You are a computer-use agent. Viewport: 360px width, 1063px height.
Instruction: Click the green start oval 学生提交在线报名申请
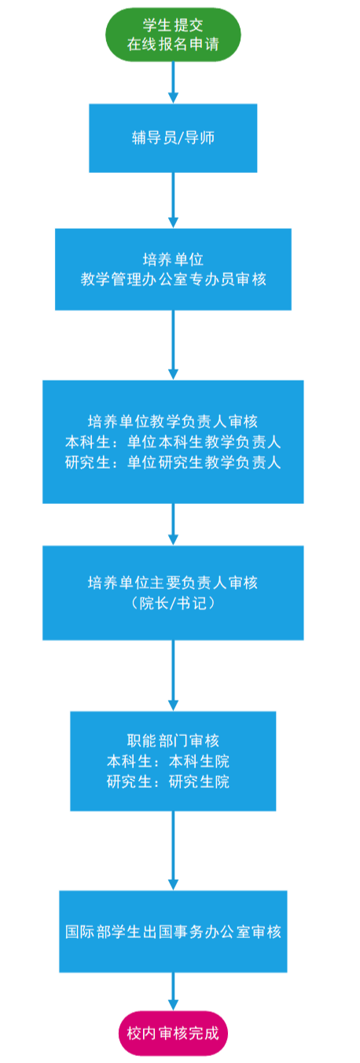tap(173, 35)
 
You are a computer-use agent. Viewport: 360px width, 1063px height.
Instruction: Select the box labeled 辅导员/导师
tap(173, 138)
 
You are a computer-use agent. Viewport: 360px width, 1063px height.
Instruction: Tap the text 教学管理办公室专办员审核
tap(173, 279)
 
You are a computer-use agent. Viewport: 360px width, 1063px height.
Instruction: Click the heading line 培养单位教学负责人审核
tap(173, 421)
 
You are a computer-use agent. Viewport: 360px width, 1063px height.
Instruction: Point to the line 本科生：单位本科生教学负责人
tap(173, 442)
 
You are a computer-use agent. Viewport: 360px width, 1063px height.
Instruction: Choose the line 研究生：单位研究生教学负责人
tap(173, 462)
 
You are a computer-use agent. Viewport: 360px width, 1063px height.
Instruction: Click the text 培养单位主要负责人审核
tap(173, 583)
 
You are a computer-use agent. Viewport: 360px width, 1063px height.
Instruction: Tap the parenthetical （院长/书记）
tap(173, 603)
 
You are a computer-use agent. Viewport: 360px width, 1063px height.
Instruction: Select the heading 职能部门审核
tap(173, 741)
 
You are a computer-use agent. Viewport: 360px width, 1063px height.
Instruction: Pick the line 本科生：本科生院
tap(168, 761)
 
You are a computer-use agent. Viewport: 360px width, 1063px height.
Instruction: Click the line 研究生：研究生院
tap(168, 781)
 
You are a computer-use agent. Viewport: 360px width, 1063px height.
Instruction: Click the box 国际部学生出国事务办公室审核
tap(173, 932)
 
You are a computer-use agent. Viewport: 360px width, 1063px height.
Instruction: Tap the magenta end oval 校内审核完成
tap(173, 1034)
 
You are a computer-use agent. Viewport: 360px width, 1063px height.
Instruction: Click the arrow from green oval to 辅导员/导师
tap(173, 83)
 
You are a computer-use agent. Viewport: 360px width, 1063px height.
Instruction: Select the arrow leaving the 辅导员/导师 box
tap(173, 200)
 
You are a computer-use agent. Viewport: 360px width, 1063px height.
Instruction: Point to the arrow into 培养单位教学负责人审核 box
tap(173, 345)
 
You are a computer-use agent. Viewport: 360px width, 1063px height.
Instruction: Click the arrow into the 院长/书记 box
tap(173, 524)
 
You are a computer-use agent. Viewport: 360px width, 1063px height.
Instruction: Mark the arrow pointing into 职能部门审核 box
tap(173, 675)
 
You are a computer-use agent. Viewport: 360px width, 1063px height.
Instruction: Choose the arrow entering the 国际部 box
tap(173, 851)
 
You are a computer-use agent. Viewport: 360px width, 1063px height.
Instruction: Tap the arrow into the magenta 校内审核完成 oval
tap(173, 991)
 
